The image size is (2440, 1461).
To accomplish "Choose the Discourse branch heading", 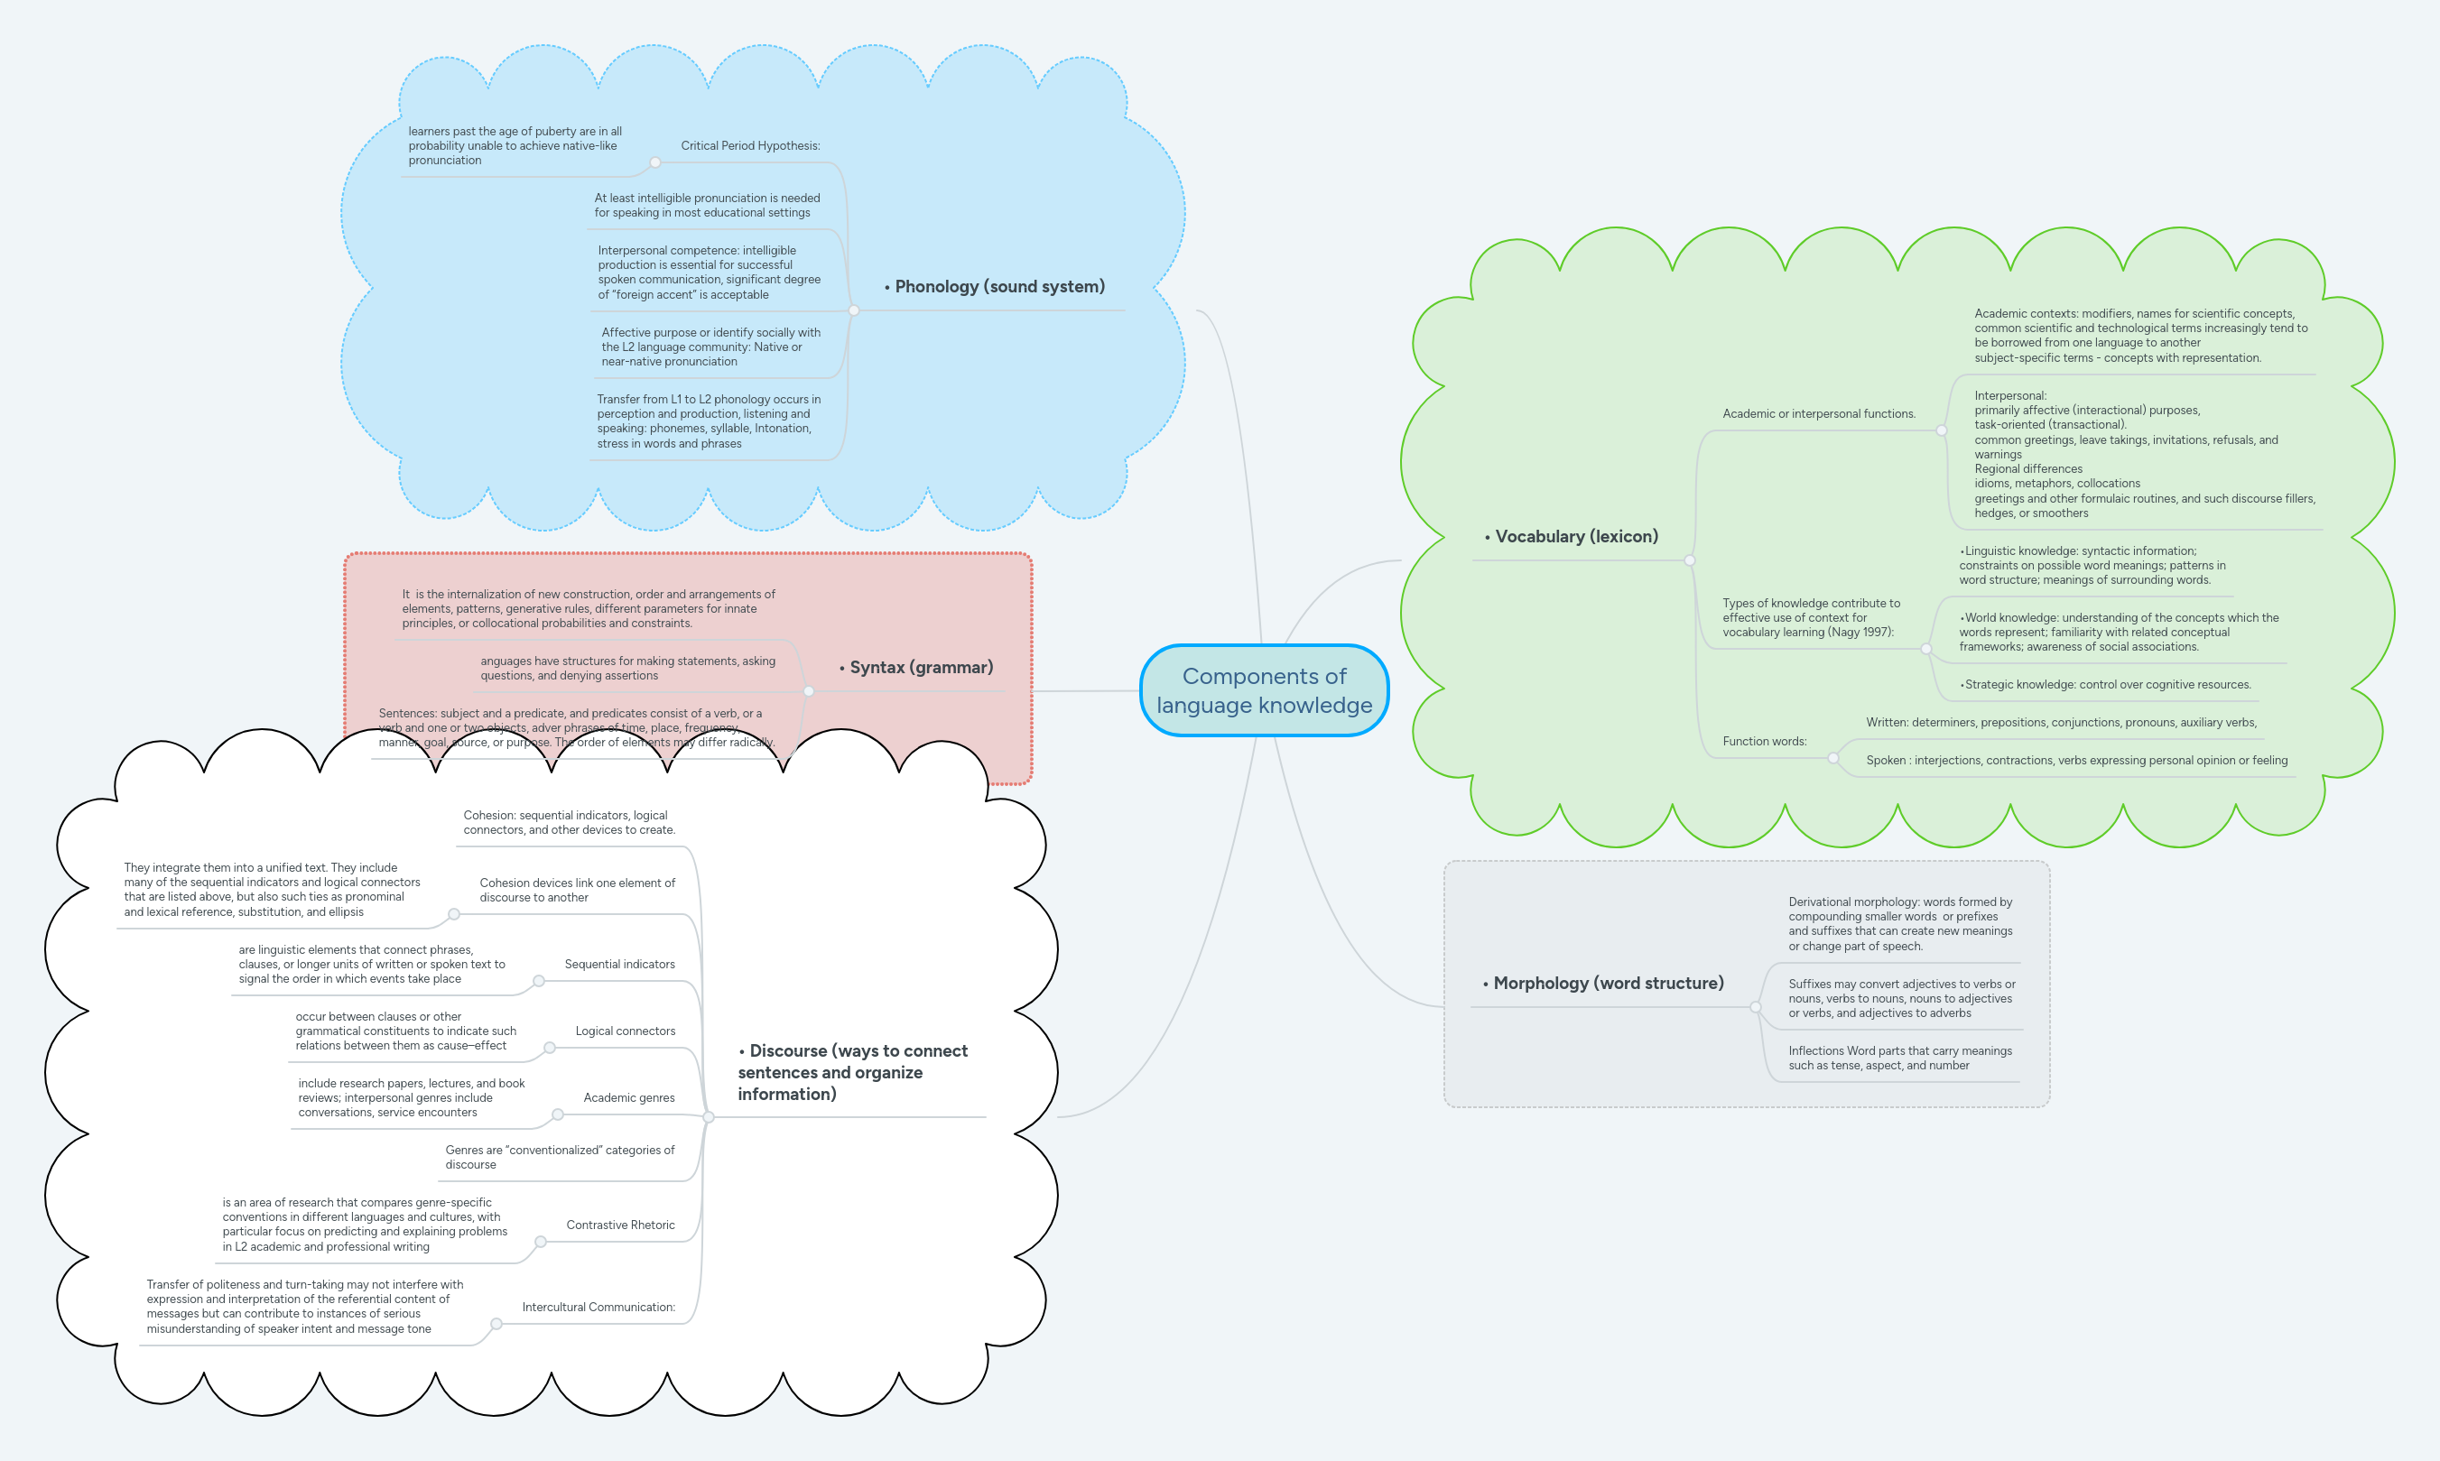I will [852, 1072].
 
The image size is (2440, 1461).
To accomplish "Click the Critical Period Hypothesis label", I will [749, 145].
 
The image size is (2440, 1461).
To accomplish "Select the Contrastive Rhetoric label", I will [620, 1225].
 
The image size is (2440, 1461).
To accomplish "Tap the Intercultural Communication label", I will [598, 1308].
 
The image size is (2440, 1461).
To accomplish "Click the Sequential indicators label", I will [619, 964].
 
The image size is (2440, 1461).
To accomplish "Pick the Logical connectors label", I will [626, 1031].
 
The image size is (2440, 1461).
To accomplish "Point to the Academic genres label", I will [628, 1097].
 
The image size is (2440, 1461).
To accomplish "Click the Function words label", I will [1764, 742].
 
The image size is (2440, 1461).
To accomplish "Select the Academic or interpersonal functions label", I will [1818, 413].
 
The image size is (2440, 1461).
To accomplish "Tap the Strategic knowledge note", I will [2106, 684].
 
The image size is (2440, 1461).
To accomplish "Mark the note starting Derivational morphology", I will [1899, 923].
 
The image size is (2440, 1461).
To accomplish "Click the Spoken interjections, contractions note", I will [2075, 760].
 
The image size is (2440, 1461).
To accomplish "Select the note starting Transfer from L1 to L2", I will [708, 421].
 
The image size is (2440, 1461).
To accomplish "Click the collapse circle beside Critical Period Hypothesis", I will [654, 162].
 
